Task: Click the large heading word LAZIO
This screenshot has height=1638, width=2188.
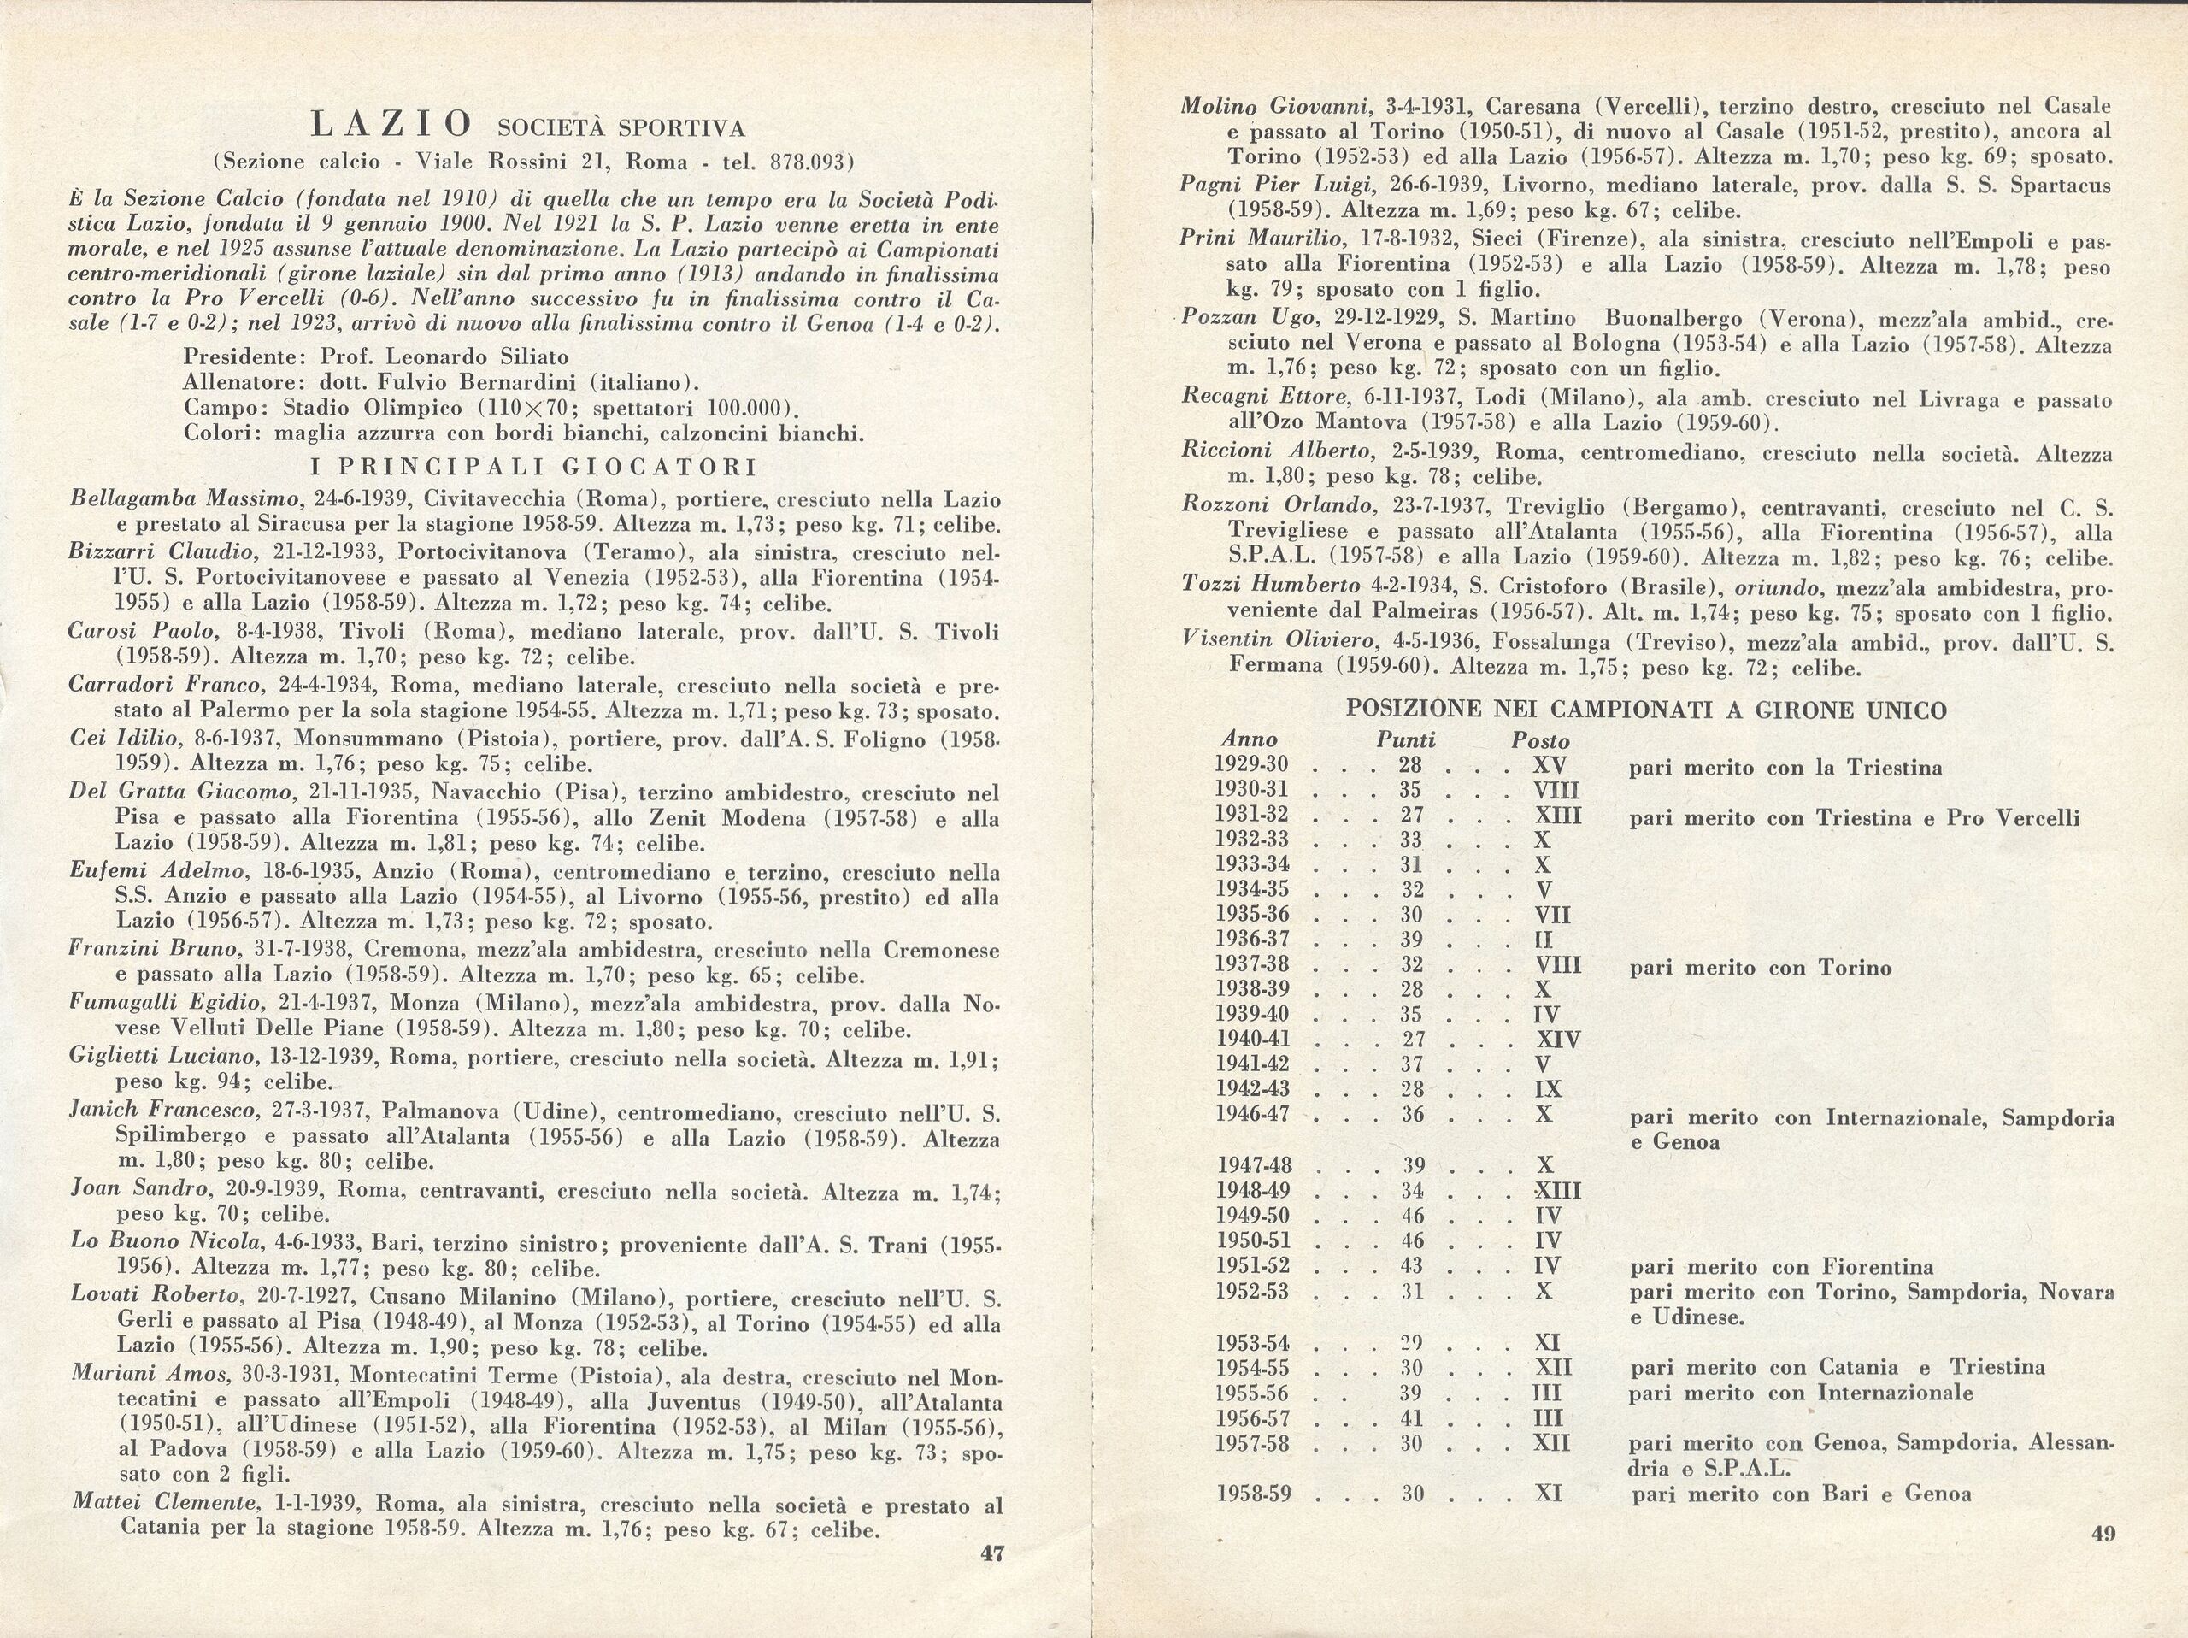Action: click(391, 126)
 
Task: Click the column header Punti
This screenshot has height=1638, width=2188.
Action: click(1406, 739)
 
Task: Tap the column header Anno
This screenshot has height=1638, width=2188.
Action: click(1249, 739)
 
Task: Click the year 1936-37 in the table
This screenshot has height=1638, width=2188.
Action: click(1252, 940)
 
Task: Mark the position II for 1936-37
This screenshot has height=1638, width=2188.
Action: click(1543, 940)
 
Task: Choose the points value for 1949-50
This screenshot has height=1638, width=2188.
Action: click(1412, 1215)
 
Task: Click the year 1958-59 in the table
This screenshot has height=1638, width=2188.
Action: click(1253, 1494)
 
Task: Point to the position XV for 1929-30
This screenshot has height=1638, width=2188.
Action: click(1549, 766)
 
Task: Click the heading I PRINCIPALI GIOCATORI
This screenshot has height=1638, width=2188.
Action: click(534, 466)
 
